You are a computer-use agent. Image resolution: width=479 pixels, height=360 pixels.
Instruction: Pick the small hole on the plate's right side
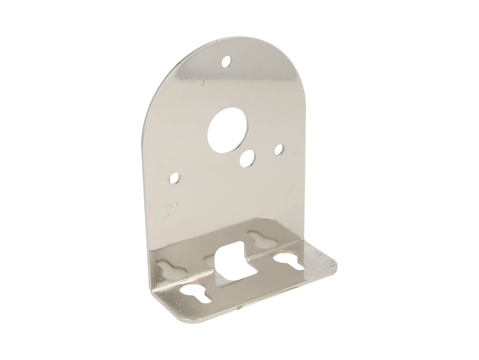(x=280, y=149)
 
